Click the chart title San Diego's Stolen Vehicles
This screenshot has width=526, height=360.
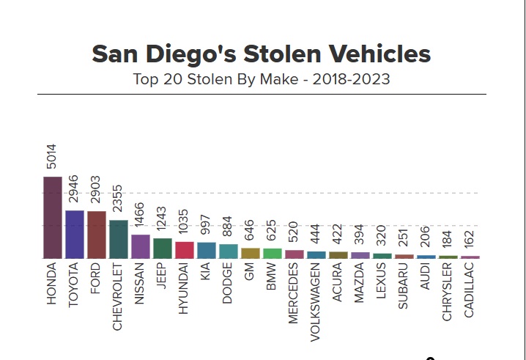coord(262,54)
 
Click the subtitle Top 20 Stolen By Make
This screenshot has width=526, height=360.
coord(262,79)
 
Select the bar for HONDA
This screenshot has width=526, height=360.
coord(53,218)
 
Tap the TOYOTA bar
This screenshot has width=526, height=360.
coord(75,235)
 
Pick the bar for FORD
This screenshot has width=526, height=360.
coord(97,235)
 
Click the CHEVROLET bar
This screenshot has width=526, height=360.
coord(119,239)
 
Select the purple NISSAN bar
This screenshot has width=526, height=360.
coord(141,246)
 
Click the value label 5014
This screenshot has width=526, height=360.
coord(52,157)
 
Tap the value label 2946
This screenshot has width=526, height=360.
coord(74,191)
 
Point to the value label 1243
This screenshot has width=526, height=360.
coord(162,219)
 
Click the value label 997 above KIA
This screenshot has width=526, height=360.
coord(206,226)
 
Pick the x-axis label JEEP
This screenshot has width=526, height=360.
coord(163,279)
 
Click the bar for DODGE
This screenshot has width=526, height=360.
coord(229,251)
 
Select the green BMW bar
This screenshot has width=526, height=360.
coord(273,254)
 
